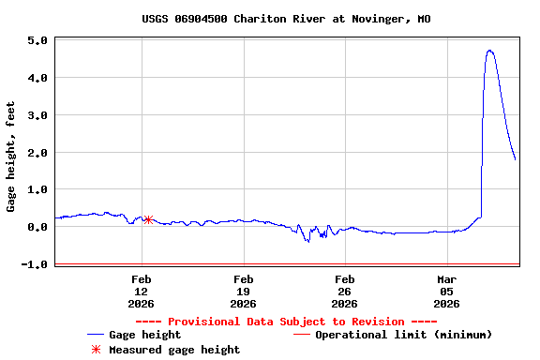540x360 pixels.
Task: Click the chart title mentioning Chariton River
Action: coord(286,19)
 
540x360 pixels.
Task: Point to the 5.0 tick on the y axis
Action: coord(37,40)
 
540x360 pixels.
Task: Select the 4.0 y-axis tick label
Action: coord(37,78)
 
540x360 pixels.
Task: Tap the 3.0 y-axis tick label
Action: coord(37,115)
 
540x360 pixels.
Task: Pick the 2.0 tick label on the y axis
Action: coord(37,153)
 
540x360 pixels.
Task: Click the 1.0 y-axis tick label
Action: coord(37,189)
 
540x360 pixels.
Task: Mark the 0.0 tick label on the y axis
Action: coord(37,227)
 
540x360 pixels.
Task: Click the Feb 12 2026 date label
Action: coord(142,291)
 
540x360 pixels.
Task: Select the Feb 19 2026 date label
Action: coord(243,291)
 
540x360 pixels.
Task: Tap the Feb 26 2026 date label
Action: coord(344,291)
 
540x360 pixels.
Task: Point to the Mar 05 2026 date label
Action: coord(446,291)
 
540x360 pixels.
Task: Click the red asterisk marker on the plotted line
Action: coord(148,219)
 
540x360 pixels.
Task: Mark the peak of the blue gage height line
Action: coord(489,51)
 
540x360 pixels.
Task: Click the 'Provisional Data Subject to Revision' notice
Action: coord(286,322)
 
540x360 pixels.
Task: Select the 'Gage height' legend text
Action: coord(145,335)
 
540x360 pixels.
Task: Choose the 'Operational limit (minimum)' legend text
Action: coord(403,335)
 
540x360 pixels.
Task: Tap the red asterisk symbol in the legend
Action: coord(95,350)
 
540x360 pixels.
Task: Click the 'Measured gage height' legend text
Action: coord(174,350)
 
